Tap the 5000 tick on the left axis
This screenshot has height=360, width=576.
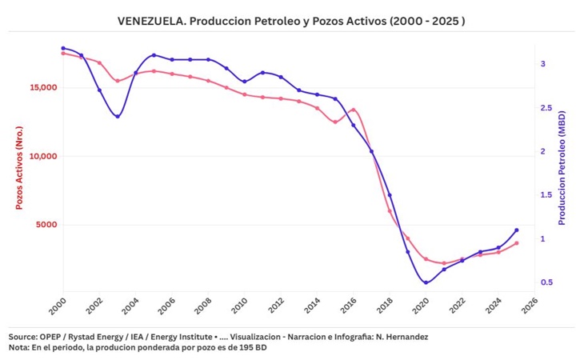45,225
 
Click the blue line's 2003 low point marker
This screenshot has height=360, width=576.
118,117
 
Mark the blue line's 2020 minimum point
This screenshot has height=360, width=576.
426,282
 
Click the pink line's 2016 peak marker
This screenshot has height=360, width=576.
353,110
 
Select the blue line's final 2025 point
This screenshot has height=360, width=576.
517,230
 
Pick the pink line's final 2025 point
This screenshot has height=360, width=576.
517,243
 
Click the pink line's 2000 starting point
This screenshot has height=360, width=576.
63,53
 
